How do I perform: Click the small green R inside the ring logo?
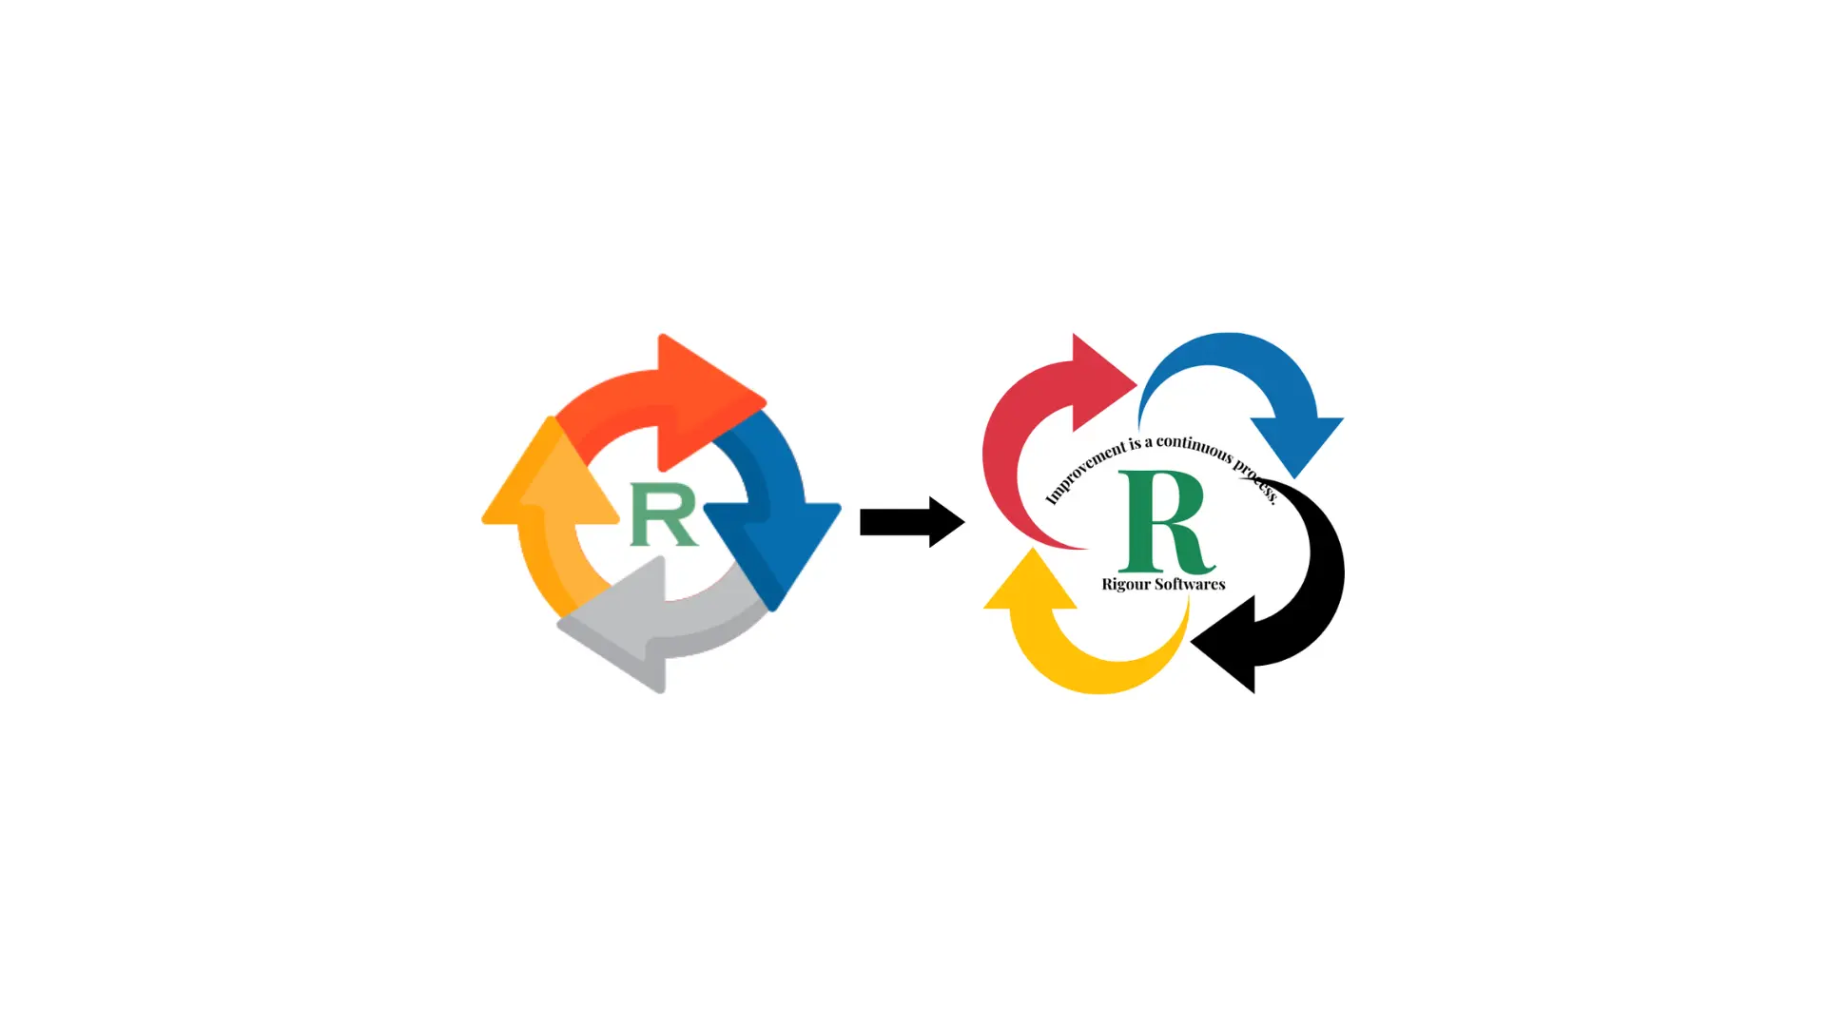pos(664,514)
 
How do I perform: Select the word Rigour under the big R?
pos(1126,585)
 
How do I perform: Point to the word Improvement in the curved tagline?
pos(1084,472)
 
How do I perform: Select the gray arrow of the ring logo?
pos(666,628)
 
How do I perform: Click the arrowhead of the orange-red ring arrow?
pos(709,399)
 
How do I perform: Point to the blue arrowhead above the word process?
pos(1295,442)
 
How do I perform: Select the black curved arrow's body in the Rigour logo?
pos(1322,571)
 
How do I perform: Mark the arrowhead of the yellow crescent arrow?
pos(1031,582)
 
